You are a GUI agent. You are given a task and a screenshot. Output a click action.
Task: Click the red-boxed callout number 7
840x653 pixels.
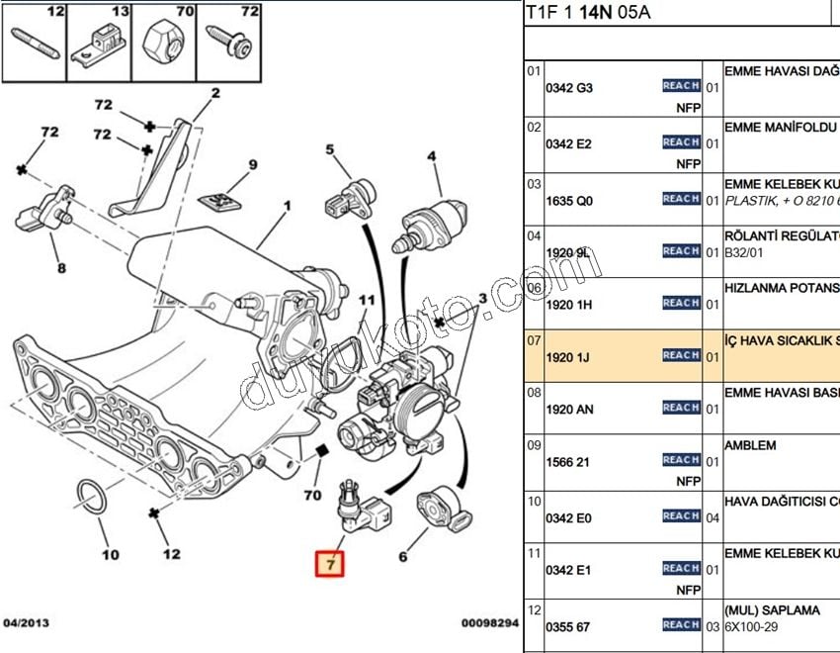click(331, 564)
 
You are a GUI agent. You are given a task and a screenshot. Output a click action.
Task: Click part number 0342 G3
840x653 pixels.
click(569, 87)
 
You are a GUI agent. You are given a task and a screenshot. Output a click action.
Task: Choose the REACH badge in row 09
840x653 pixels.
click(681, 460)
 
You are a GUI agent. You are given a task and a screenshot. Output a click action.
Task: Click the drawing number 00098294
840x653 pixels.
click(489, 623)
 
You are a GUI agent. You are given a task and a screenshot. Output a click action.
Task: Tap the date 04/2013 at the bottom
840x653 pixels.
click(26, 623)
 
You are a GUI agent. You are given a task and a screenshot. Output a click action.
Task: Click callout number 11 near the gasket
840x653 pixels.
click(367, 300)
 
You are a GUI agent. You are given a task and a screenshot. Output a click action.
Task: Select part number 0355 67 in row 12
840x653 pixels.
click(569, 625)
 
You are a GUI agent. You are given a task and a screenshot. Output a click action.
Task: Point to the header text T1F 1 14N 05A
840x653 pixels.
click(588, 13)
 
